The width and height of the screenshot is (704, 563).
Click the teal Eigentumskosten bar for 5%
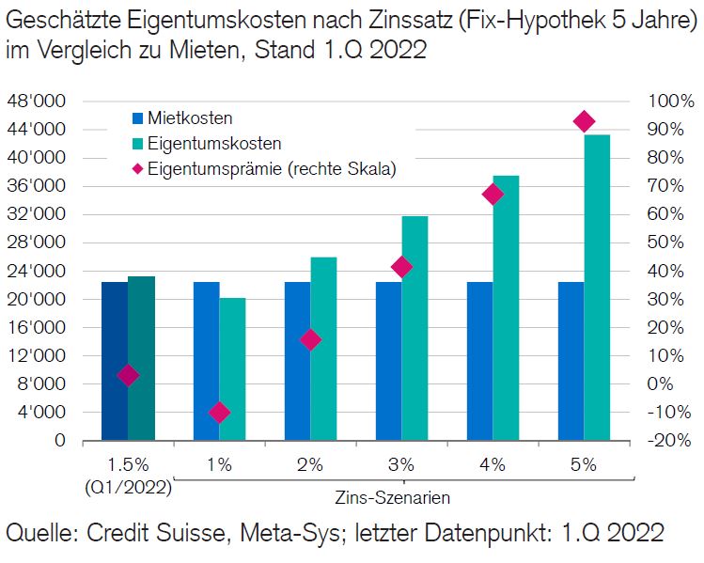[597, 287]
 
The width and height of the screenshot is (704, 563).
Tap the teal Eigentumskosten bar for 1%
[232, 368]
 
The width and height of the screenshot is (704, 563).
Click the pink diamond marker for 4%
[493, 195]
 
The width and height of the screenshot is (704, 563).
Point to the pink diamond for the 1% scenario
[219, 412]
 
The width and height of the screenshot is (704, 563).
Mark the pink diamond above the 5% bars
[584, 121]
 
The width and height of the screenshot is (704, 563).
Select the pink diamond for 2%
[310, 340]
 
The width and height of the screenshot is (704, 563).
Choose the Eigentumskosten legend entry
[207, 144]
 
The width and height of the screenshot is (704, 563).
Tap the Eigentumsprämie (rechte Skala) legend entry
[262, 169]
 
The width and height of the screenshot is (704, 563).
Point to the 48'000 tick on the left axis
[37, 102]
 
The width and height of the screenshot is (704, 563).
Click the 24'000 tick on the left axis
[37, 272]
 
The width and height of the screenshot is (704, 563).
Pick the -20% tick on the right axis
[670, 441]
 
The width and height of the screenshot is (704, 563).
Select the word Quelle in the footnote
[39, 534]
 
